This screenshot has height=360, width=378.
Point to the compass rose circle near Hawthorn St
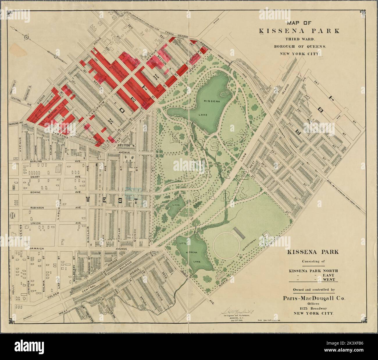click(26, 37)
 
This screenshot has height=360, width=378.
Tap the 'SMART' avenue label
click(36, 177)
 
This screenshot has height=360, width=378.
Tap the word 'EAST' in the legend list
click(330, 275)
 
